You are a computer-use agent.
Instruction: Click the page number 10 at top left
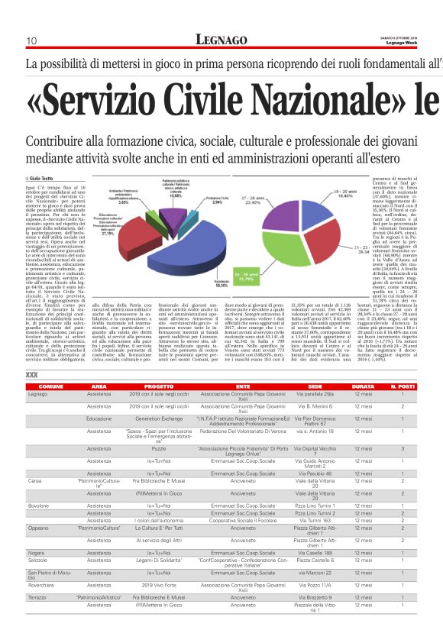[31, 40]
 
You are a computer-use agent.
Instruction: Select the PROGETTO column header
[159, 387]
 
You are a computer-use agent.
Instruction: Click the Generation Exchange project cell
[159, 418]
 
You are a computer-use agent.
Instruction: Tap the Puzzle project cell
[159, 450]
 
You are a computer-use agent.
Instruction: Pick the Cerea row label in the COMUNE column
[35, 481]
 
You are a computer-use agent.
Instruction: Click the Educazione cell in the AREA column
[99, 418]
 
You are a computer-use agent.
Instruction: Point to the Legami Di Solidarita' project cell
[159, 561]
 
